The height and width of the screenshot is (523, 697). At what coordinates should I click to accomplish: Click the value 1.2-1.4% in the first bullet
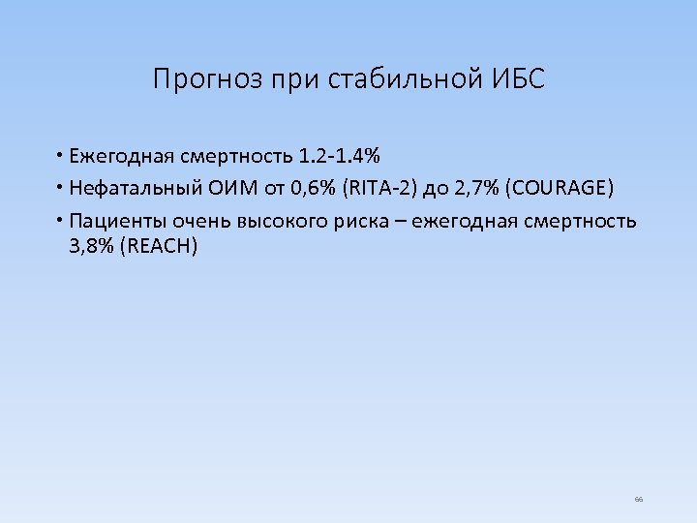coord(339,156)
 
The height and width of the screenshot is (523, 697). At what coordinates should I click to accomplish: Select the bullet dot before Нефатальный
coord(60,187)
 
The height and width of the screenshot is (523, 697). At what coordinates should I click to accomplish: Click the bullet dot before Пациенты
coord(60,219)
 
